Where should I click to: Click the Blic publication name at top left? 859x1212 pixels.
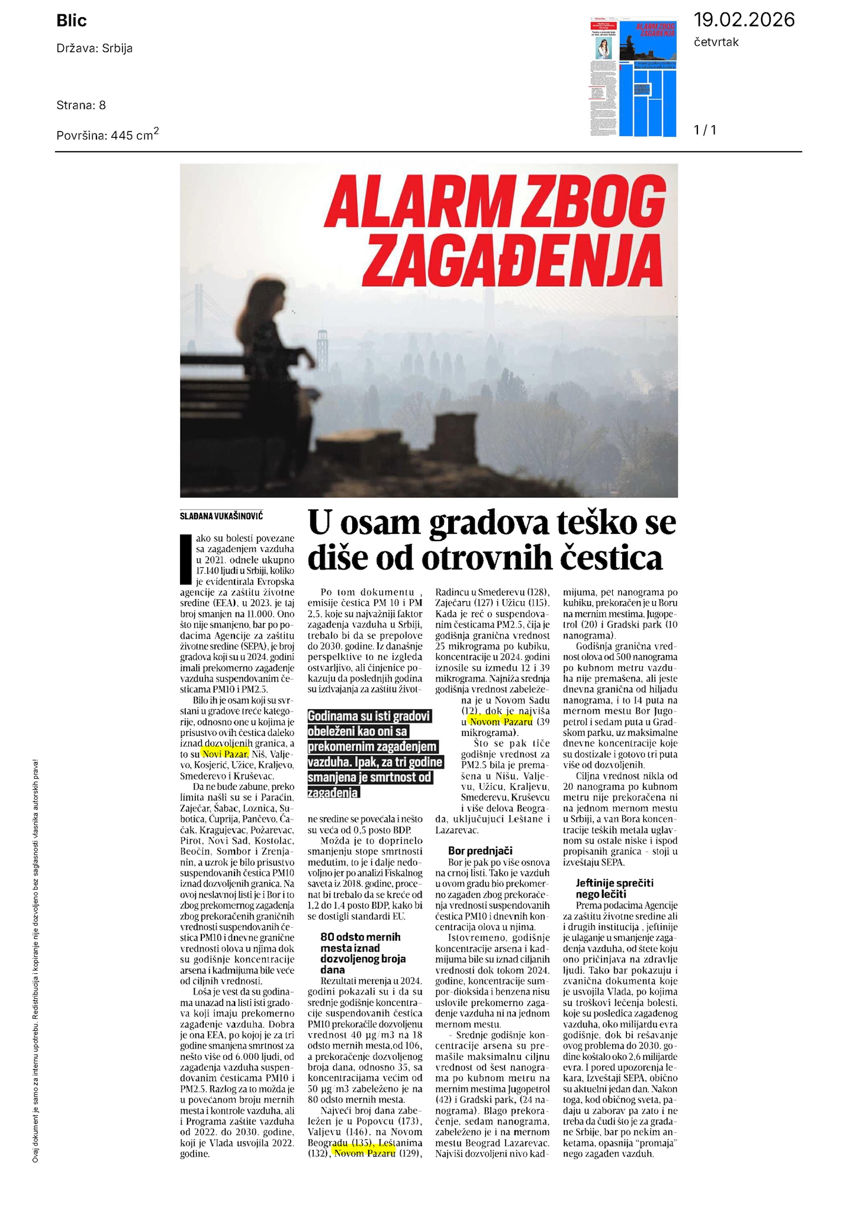click(72, 21)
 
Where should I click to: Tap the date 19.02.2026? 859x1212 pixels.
click(744, 20)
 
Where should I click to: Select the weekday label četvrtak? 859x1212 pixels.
click(716, 43)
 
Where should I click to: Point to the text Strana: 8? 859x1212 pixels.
click(81, 105)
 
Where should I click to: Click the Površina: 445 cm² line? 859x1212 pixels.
click(107, 134)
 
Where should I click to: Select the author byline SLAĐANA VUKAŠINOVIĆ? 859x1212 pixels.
click(221, 516)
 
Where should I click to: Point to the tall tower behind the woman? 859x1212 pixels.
click(323, 355)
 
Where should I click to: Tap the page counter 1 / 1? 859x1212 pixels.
click(704, 130)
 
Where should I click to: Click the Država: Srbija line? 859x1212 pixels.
click(94, 49)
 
